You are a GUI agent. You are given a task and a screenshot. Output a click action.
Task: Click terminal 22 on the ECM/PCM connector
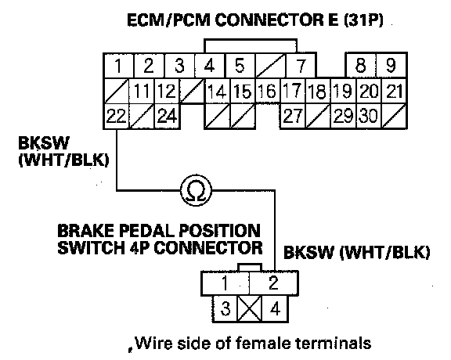pos(116,117)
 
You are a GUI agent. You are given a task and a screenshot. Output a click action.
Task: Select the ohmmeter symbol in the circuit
pos(197,190)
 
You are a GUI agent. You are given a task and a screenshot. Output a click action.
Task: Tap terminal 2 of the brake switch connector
pos(273,283)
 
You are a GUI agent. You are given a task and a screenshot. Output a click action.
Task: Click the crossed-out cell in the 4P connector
pos(250,309)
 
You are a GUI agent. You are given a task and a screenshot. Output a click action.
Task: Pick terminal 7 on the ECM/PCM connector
pos(301,66)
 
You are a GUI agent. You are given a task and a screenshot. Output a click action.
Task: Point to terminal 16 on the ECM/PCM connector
pos(267,91)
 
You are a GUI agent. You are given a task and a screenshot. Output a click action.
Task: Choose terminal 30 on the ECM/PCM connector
pos(369,116)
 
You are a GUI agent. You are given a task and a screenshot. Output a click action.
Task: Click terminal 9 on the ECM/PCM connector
pos(391,65)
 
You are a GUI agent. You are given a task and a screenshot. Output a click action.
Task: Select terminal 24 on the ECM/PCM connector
pos(167,117)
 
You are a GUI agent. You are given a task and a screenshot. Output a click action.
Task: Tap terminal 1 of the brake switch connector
pos(225,283)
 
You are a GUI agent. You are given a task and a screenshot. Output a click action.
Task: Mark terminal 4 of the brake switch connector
pos(275,309)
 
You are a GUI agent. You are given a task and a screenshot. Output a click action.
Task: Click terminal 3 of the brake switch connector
pos(225,309)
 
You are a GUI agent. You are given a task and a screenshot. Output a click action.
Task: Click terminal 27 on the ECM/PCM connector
pos(293,116)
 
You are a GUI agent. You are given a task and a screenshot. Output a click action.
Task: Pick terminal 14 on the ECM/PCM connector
pos(217,91)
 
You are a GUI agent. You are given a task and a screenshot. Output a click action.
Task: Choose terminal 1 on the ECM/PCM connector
pos(118,66)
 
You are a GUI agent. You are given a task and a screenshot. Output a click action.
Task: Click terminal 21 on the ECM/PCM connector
pos(394,91)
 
